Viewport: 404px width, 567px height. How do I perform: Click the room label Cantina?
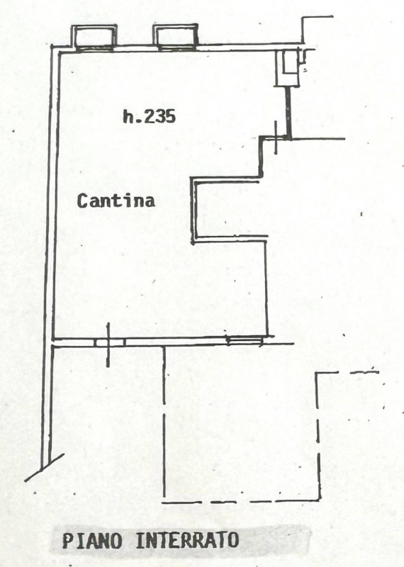coord(116,201)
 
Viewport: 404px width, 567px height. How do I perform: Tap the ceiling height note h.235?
coord(149,116)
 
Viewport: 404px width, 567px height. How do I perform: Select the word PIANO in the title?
coord(92,541)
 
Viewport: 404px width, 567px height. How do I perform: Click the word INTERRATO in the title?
coord(187,540)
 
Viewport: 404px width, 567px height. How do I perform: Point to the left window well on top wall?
coord(94,37)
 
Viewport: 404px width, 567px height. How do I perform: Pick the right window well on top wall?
coord(175,36)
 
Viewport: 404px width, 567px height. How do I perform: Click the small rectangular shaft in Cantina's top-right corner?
coord(288,67)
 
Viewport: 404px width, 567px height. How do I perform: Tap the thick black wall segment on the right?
coord(288,112)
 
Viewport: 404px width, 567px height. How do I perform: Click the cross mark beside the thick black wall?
coord(276,137)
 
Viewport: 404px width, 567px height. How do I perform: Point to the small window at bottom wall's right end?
coord(245,340)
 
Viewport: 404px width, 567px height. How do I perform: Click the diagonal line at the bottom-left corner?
coord(44,468)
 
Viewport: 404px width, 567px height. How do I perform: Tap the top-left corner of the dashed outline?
coord(318,374)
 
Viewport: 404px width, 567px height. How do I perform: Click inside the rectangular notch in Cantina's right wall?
coord(230,210)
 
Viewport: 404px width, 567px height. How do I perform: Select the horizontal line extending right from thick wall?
coord(318,138)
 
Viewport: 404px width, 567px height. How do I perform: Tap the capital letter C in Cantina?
coord(83,201)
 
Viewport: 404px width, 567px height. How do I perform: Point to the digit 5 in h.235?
coord(170,116)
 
